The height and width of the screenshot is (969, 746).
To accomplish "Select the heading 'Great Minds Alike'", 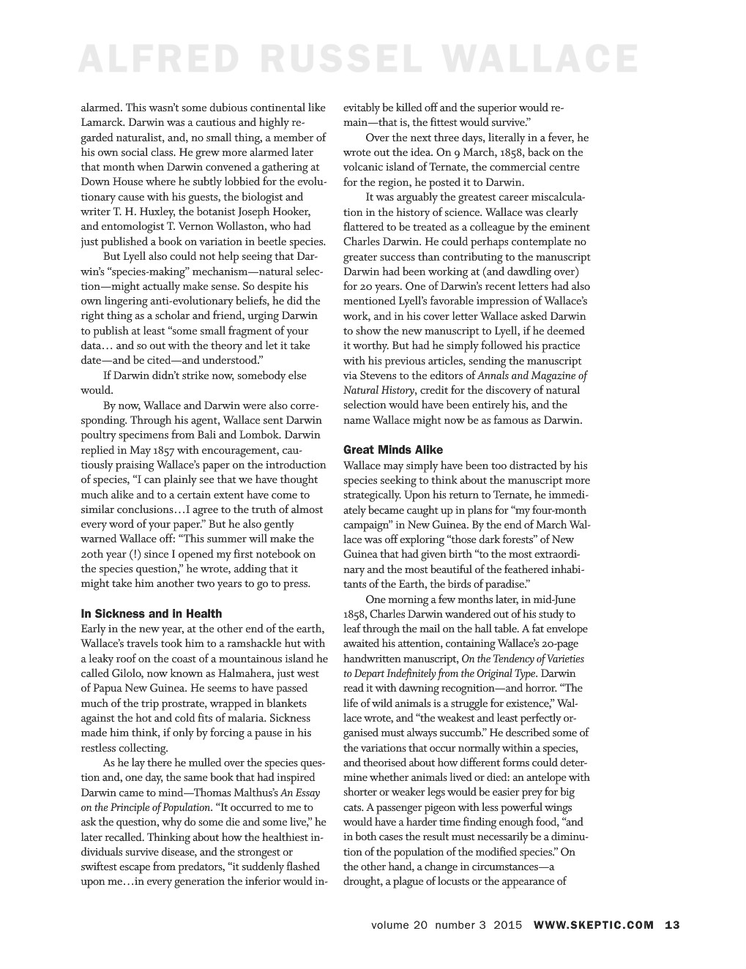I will (x=393, y=449).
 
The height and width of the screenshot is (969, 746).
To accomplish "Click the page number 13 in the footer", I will (x=672, y=924).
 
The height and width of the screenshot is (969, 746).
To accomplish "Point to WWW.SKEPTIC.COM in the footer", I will (x=594, y=924).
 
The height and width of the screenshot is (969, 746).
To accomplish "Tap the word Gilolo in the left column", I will (x=136, y=673).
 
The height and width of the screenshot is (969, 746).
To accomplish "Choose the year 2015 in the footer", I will (x=508, y=924).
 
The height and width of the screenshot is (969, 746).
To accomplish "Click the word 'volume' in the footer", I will (x=391, y=924).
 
